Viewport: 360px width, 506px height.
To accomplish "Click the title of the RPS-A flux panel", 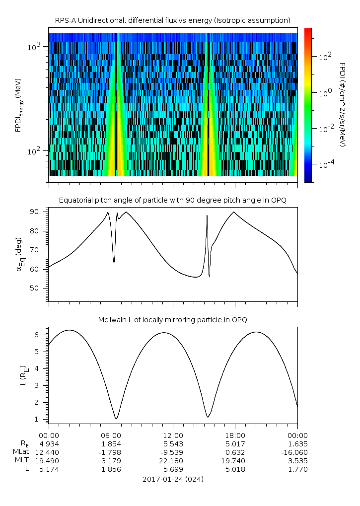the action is [x=173, y=21].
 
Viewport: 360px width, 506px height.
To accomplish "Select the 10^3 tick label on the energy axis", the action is [x=34, y=47].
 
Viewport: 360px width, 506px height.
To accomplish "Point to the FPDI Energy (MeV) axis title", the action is [x=18, y=105].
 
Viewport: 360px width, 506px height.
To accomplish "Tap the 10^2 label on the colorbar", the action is [x=325, y=57].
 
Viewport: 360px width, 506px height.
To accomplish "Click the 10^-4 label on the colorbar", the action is [x=326, y=164].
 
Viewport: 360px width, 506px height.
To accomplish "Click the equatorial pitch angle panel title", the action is [x=173, y=201].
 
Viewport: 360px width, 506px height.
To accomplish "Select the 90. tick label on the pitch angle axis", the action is [x=36, y=212].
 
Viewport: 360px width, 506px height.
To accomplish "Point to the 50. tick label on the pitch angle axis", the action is [x=36, y=288].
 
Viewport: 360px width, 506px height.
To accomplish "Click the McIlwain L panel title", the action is [x=173, y=320].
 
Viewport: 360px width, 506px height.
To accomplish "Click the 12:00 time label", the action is [x=173, y=435].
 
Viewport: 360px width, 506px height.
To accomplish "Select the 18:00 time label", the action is [x=235, y=435].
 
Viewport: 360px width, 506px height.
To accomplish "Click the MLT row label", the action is [x=22, y=460].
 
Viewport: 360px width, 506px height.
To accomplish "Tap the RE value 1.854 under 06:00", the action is [x=111, y=444].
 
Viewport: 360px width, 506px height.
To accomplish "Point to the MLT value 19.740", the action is [x=233, y=461].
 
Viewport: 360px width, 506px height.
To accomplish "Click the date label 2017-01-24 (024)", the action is [x=173, y=479].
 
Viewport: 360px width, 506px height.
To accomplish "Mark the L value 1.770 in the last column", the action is [x=298, y=469].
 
